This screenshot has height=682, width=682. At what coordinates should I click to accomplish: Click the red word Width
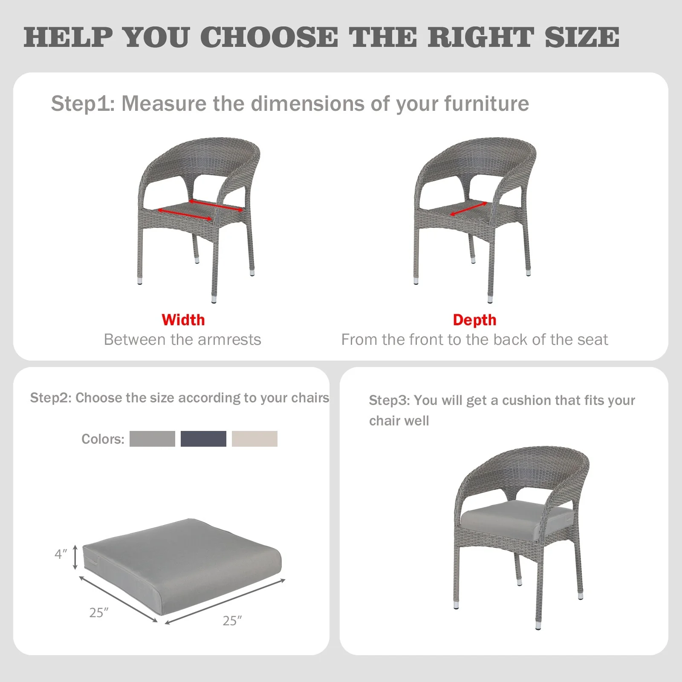pyautogui.click(x=183, y=320)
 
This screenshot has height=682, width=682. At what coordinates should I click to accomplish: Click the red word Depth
pyautogui.click(x=474, y=320)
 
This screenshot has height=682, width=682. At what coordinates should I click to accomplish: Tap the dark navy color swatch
pyautogui.click(x=203, y=439)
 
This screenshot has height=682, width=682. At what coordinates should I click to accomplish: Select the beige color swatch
pyautogui.click(x=254, y=439)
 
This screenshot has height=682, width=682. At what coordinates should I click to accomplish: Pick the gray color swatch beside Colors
pyautogui.click(x=152, y=439)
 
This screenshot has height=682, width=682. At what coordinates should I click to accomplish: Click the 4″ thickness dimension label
pyautogui.click(x=61, y=554)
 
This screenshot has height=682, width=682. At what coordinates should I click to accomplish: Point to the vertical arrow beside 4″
pyautogui.click(x=75, y=557)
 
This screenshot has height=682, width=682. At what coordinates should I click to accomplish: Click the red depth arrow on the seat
pyautogui.click(x=468, y=208)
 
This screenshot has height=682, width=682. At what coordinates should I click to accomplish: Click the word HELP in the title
pyautogui.click(x=69, y=37)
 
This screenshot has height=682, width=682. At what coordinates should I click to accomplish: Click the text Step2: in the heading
pyautogui.click(x=51, y=398)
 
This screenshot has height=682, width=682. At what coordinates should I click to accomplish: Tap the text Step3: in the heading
pyautogui.click(x=390, y=401)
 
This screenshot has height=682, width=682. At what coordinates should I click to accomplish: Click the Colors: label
pyautogui.click(x=103, y=439)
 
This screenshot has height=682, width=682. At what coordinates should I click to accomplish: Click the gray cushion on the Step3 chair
pyautogui.click(x=516, y=517)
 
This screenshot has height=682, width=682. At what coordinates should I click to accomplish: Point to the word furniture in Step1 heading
pyautogui.click(x=486, y=104)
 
